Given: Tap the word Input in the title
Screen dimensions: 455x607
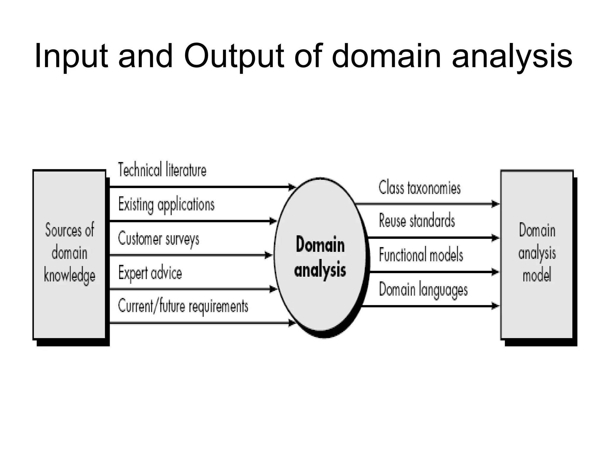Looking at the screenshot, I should (x=71, y=56).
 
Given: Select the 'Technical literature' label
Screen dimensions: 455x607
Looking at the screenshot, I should (x=162, y=170).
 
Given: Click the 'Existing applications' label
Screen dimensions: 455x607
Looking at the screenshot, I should (x=166, y=204).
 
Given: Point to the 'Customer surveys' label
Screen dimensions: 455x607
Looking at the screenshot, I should (x=159, y=239).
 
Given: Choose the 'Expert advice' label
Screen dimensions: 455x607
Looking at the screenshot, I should (x=150, y=273).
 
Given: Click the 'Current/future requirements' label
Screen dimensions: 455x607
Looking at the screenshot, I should (x=183, y=306).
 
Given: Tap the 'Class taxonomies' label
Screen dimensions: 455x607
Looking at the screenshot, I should (x=420, y=188).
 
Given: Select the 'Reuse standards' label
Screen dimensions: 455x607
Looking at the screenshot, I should (x=417, y=221).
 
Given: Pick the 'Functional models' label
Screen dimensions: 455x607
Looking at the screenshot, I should (x=421, y=255).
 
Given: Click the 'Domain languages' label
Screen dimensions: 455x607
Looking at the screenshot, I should (x=423, y=289).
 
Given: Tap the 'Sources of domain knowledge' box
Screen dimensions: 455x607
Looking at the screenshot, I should (x=69, y=255).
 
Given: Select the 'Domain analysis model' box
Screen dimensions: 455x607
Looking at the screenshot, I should (x=537, y=255).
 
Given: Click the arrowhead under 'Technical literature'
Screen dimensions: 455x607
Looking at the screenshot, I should (x=292, y=187).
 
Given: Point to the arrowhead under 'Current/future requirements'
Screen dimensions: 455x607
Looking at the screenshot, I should (x=292, y=323).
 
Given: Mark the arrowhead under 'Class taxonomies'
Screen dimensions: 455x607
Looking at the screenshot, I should (x=495, y=204).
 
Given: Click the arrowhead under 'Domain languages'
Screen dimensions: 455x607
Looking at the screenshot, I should (x=495, y=306).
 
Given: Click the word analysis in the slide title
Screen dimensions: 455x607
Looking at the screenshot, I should (x=512, y=56).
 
